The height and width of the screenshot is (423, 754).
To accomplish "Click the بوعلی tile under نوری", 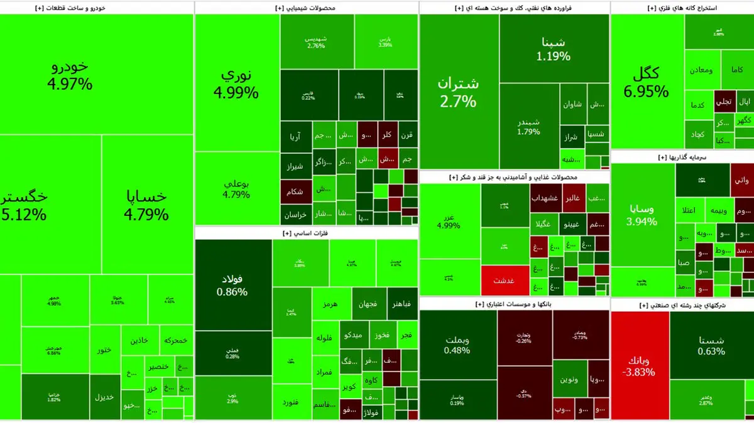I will click(236, 188).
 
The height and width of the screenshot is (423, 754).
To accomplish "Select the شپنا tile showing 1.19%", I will click(554, 49).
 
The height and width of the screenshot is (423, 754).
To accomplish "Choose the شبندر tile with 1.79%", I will click(528, 126).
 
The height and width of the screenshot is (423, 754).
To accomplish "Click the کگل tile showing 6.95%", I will click(646, 82).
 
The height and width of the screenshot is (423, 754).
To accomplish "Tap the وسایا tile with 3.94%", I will click(642, 213).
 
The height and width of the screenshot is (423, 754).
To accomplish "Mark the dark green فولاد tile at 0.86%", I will click(232, 285).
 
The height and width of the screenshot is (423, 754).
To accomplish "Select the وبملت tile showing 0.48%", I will click(457, 345).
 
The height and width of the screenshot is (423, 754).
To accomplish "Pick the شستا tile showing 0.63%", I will click(711, 345).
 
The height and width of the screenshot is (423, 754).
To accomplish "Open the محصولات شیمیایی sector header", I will click(306, 8).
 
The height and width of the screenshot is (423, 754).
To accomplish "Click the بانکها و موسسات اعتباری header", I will click(513, 304).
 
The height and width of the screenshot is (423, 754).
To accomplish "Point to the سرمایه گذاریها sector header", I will click(681, 158).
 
